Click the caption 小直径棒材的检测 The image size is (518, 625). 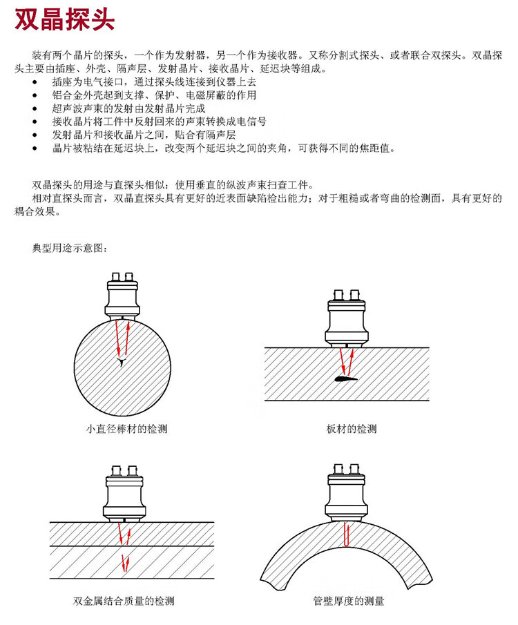point(126,429)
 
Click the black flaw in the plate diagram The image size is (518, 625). point(343,378)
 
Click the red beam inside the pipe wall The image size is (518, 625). point(346,534)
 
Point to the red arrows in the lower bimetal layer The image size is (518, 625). point(126,561)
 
